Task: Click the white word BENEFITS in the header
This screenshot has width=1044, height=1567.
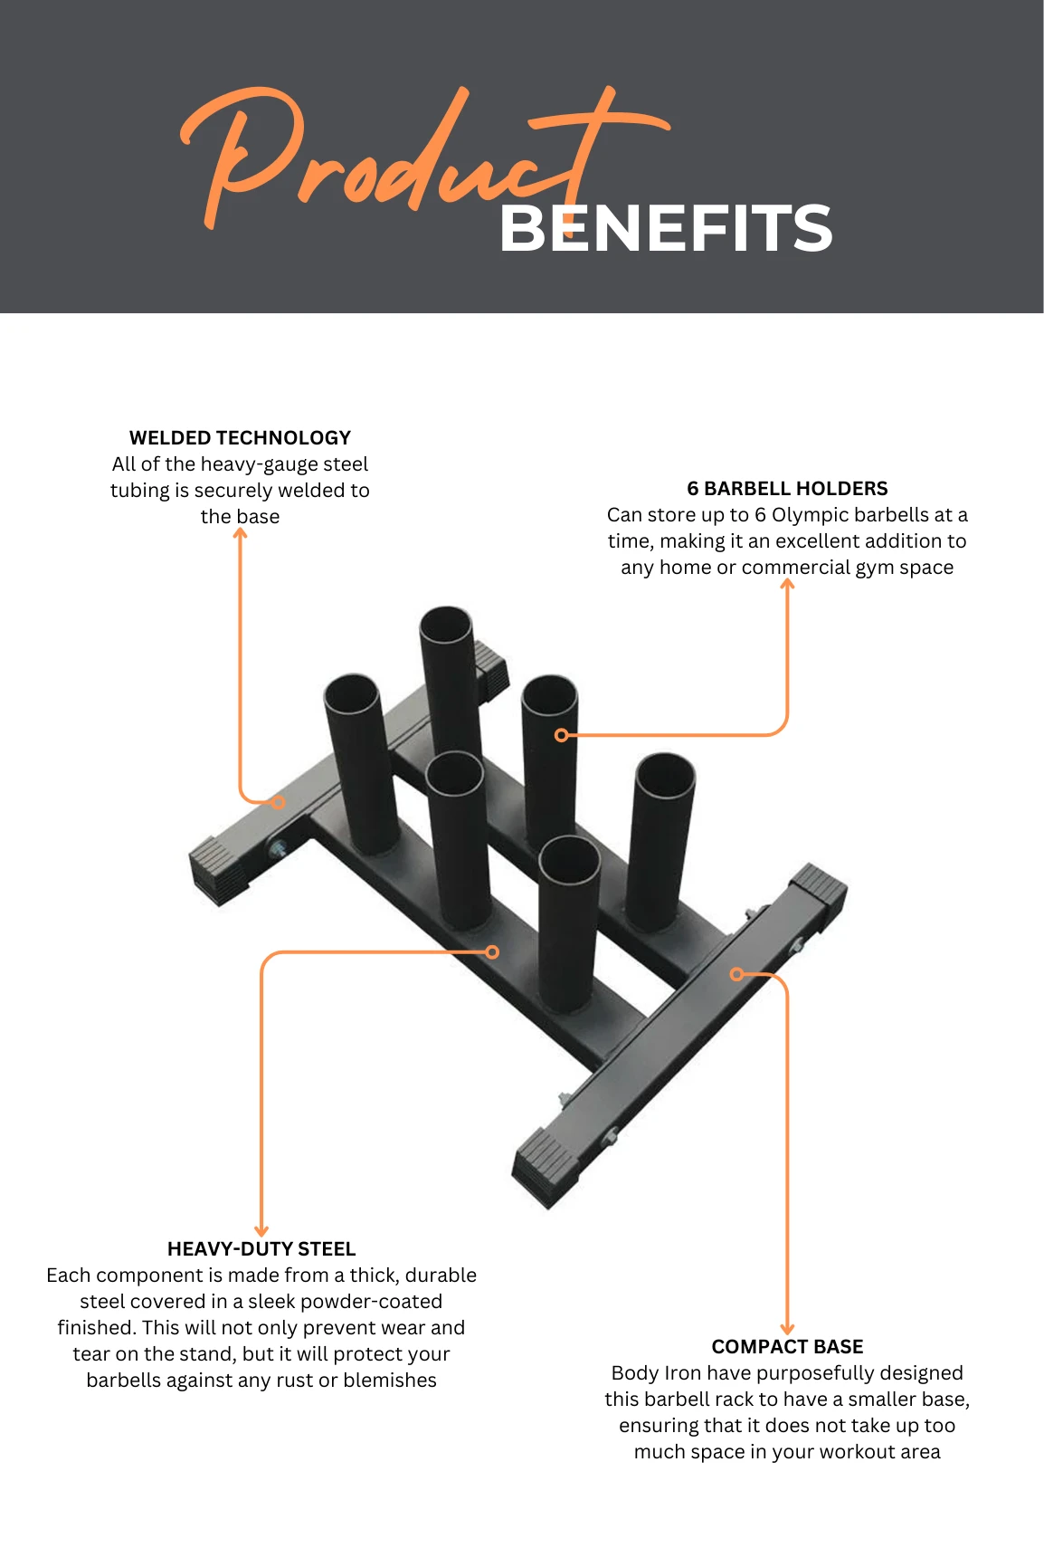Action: point(666,228)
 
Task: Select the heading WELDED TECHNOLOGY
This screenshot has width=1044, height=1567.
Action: point(240,438)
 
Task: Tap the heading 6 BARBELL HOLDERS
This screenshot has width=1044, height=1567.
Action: point(787,489)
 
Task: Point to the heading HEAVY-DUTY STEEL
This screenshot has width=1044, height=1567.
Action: point(261,1249)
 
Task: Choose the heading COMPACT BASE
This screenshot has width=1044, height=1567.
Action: point(787,1347)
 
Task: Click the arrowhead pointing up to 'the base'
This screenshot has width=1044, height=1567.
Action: point(240,533)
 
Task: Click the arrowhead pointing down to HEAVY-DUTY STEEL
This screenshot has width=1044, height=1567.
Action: point(261,1230)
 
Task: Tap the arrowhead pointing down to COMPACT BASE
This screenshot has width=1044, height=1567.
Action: point(787,1328)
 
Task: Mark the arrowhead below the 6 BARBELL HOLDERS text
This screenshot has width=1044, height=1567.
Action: point(787,584)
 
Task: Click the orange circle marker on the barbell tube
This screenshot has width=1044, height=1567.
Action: point(561,735)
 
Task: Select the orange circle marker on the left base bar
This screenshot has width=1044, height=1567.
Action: point(279,802)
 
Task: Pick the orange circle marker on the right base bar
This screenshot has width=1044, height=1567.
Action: point(737,974)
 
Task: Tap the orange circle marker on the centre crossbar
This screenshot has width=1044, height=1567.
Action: point(492,952)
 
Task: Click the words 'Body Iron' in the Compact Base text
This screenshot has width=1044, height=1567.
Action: point(643,1373)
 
